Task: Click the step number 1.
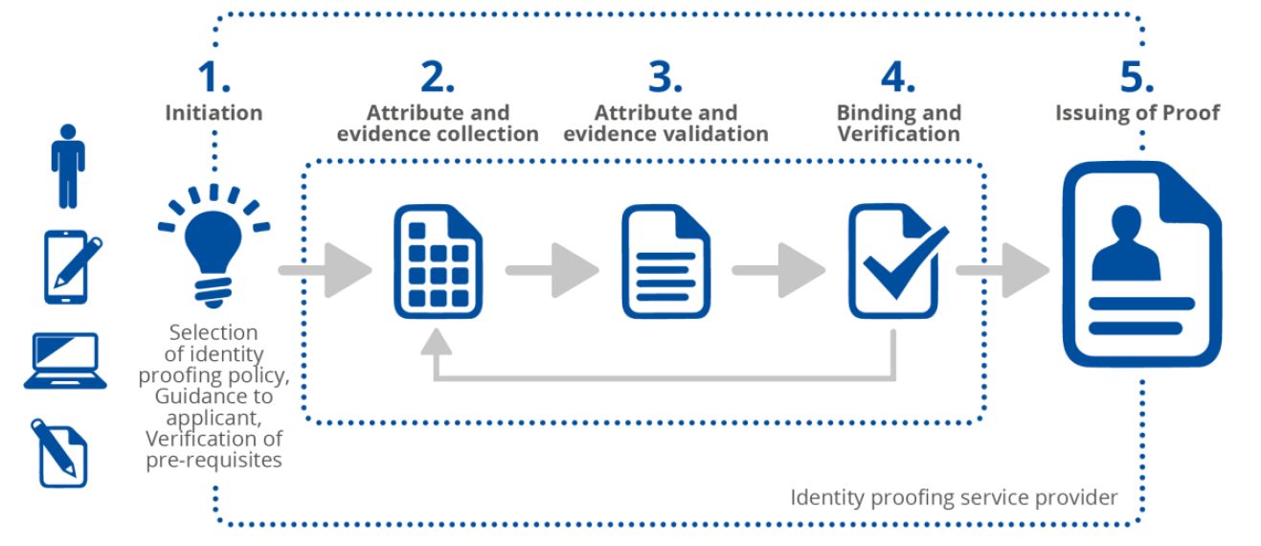pos(213,76)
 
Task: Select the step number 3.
pos(664,76)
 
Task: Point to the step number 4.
pos(898,76)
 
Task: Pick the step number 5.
pos(1137,76)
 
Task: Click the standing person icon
pos(68,166)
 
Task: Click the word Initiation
pos(214,113)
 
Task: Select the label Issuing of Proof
pos(1137,113)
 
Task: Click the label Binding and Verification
pos(898,124)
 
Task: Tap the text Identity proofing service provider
pos(954,497)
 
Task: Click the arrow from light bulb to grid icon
pos(326,271)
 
